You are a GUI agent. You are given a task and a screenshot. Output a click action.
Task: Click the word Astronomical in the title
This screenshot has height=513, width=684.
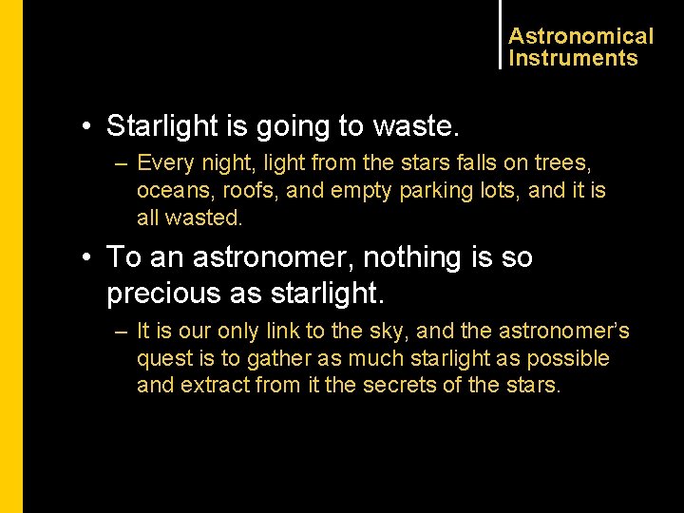[x=580, y=36]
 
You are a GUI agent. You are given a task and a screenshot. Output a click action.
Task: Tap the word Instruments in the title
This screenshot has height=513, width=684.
[x=573, y=58]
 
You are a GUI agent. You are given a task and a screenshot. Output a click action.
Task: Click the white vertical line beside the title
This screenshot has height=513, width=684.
[x=500, y=34]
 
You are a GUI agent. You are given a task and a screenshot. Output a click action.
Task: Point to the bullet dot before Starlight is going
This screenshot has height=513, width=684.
[x=86, y=126]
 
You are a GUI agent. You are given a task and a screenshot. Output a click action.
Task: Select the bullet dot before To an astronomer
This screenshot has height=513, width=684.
[x=86, y=258]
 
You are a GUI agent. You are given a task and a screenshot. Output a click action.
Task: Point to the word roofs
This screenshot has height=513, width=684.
[x=250, y=190]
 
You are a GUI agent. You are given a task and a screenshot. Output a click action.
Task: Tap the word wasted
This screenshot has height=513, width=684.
[x=204, y=217]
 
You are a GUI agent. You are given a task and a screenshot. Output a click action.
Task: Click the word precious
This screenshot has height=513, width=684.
[x=163, y=294]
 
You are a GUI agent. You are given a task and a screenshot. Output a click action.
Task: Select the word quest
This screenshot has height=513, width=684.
[x=162, y=358]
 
